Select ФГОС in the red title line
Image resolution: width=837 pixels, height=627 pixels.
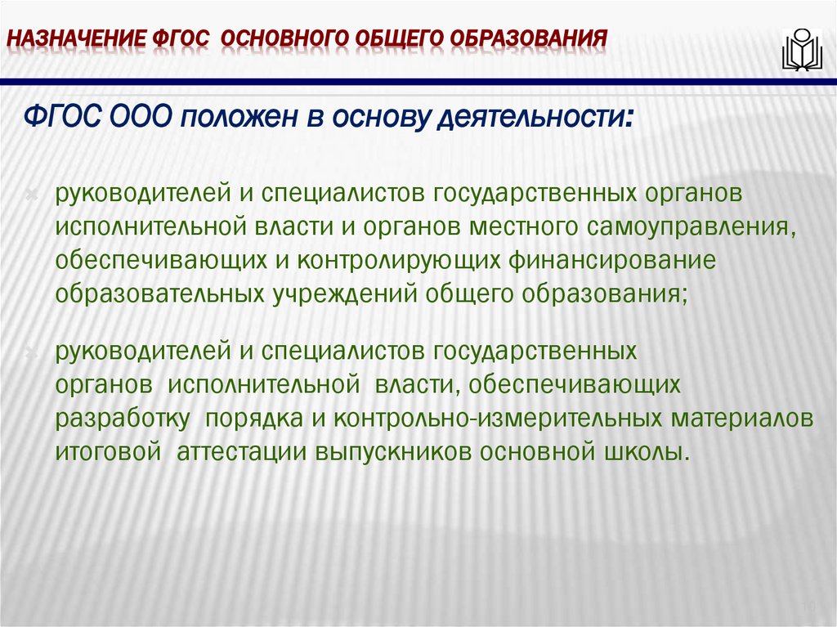[179, 38]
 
